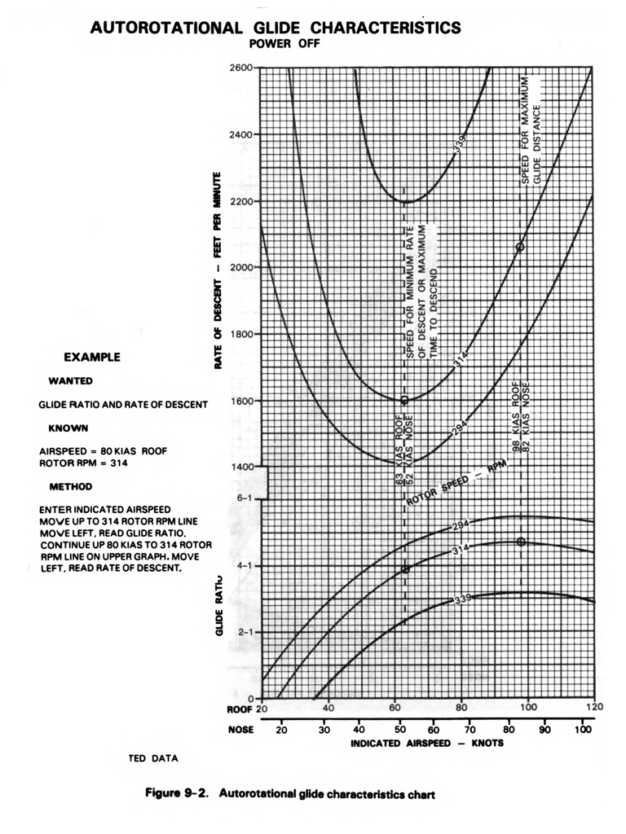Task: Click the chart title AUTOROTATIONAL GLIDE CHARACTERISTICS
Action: [x=276, y=28]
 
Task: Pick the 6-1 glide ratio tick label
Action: [x=244, y=498]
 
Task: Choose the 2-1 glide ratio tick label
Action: [x=244, y=632]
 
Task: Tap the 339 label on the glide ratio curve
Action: [x=463, y=599]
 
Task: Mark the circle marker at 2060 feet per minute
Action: [x=521, y=247]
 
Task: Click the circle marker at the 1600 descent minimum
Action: [x=404, y=400]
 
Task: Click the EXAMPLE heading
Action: [x=92, y=357]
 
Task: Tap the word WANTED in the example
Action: [x=71, y=380]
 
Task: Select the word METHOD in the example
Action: [x=72, y=486]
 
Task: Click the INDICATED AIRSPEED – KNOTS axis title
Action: [x=427, y=744]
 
